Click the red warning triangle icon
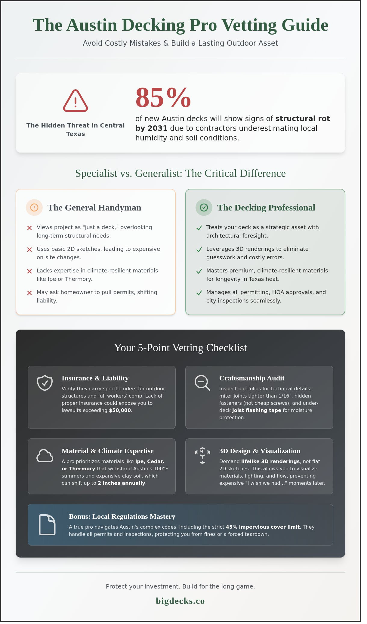[76, 101]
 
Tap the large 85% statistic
[163, 97]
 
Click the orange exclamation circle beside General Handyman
[34, 207]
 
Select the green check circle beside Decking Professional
[204, 207]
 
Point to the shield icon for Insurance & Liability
[45, 383]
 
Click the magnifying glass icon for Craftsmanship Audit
[202, 383]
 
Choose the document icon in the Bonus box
[47, 525]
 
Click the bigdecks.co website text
[180, 601]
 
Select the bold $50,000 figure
[120, 410]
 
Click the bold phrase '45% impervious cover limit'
[263, 527]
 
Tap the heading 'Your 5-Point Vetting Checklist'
[180, 348]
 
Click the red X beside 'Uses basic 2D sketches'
[29, 250]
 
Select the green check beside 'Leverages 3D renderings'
[199, 250]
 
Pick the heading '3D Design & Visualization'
[260, 451]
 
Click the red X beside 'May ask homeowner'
[29, 293]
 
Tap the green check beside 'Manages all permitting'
[199, 293]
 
